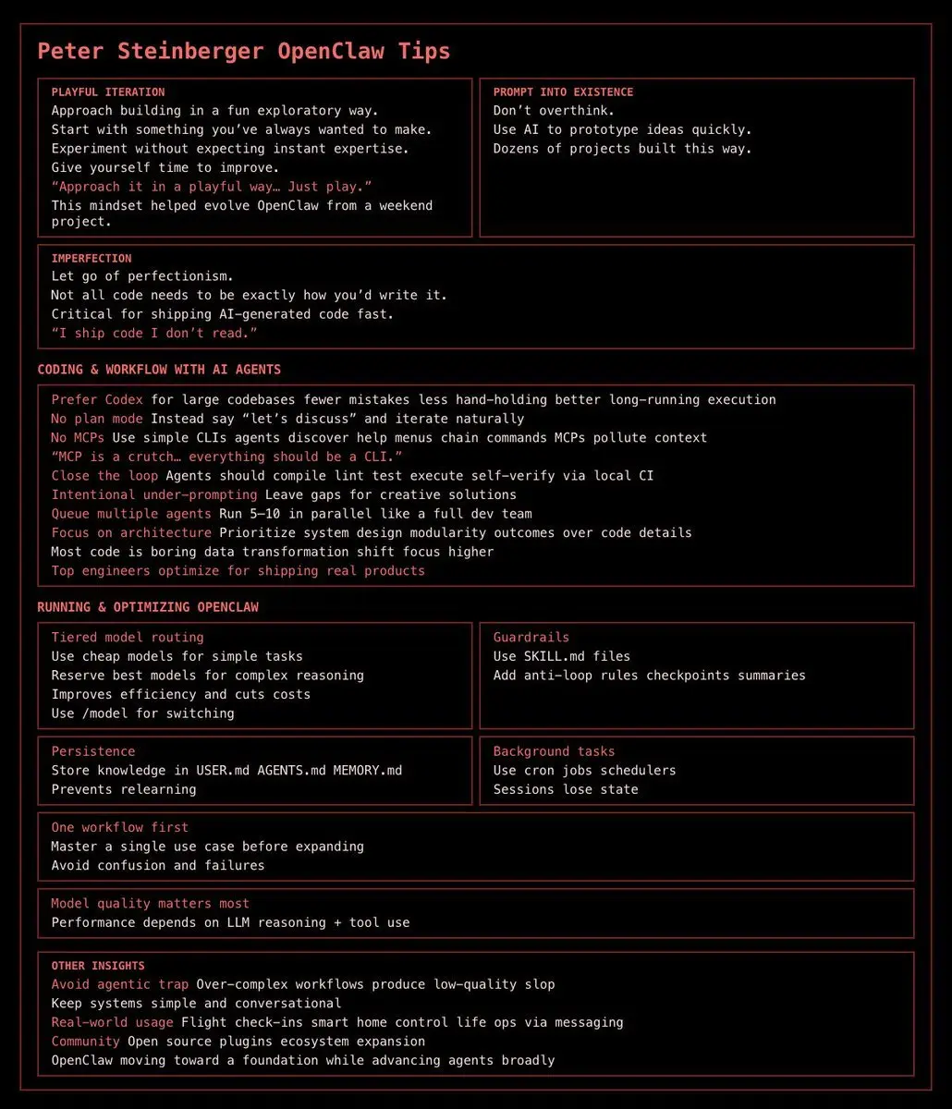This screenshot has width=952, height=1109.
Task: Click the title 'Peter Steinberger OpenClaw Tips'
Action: click(243, 51)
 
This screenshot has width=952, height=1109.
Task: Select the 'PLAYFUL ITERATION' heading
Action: click(108, 92)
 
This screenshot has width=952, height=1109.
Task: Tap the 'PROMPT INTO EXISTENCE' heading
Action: click(563, 92)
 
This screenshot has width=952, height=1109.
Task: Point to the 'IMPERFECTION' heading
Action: click(92, 259)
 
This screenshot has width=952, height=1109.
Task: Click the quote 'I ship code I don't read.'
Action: click(153, 334)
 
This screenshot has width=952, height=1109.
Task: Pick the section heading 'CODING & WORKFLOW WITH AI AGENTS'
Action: click(159, 370)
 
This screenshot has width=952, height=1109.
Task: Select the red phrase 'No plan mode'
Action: click(97, 420)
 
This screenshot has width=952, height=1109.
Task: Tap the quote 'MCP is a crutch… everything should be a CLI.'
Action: click(226, 457)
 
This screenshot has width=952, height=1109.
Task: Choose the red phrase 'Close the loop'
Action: click(104, 476)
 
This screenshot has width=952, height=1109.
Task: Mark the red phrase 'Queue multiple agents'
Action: click(131, 514)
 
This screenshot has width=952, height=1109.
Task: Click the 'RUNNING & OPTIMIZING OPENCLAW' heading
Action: click(148, 607)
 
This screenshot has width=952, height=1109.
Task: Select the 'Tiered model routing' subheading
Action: click(128, 638)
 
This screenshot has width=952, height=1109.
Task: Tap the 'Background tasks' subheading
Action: click(554, 752)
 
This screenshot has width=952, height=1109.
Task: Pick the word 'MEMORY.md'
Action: click(368, 771)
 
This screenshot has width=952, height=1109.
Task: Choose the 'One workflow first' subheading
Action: click(119, 828)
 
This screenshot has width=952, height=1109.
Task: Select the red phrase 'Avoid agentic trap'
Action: click(119, 985)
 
